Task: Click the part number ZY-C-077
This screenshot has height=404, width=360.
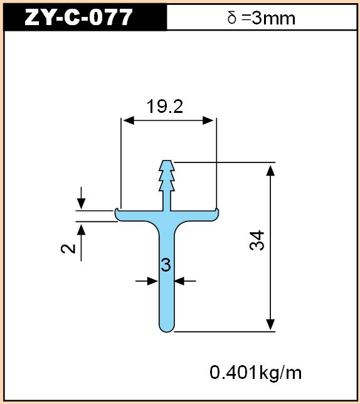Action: pos(78,17)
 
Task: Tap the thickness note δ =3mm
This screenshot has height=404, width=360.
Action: pos(261,18)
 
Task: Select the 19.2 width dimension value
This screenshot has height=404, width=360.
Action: pos(165,106)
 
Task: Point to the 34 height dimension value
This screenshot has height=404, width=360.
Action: pos(257,240)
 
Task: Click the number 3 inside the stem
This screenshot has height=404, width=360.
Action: pos(166,265)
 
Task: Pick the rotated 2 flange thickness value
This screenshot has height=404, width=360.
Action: pos(68,248)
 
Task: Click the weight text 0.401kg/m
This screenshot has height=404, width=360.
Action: pos(255,373)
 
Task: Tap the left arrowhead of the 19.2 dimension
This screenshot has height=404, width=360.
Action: pos(129,120)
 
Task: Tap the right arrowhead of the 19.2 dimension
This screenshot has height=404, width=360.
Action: pos(208,120)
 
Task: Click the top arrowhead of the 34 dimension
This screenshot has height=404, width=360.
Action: pos(270,170)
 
